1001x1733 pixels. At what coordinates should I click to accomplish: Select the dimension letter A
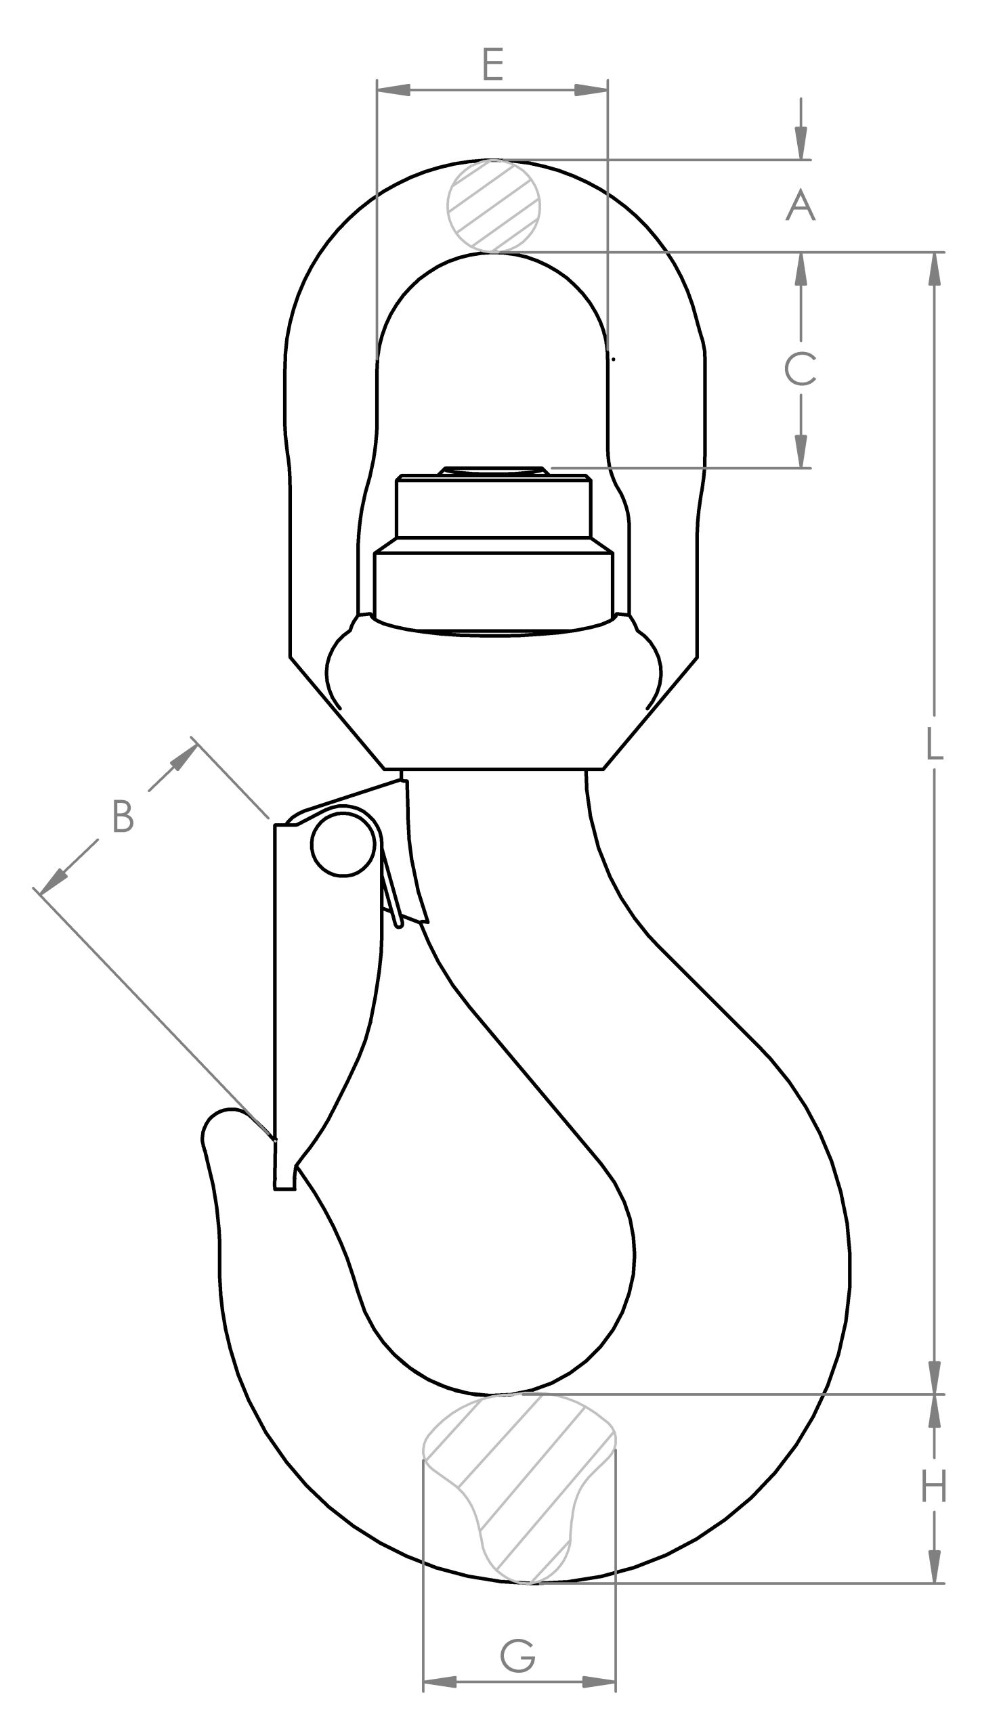tap(801, 206)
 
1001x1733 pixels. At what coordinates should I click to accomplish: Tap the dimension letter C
tap(801, 369)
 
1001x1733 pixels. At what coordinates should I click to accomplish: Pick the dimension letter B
tap(123, 817)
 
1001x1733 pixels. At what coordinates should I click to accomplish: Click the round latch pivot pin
tap(343, 845)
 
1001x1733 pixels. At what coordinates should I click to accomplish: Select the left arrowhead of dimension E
tap(394, 90)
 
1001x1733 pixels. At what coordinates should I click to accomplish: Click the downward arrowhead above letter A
tap(801, 143)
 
